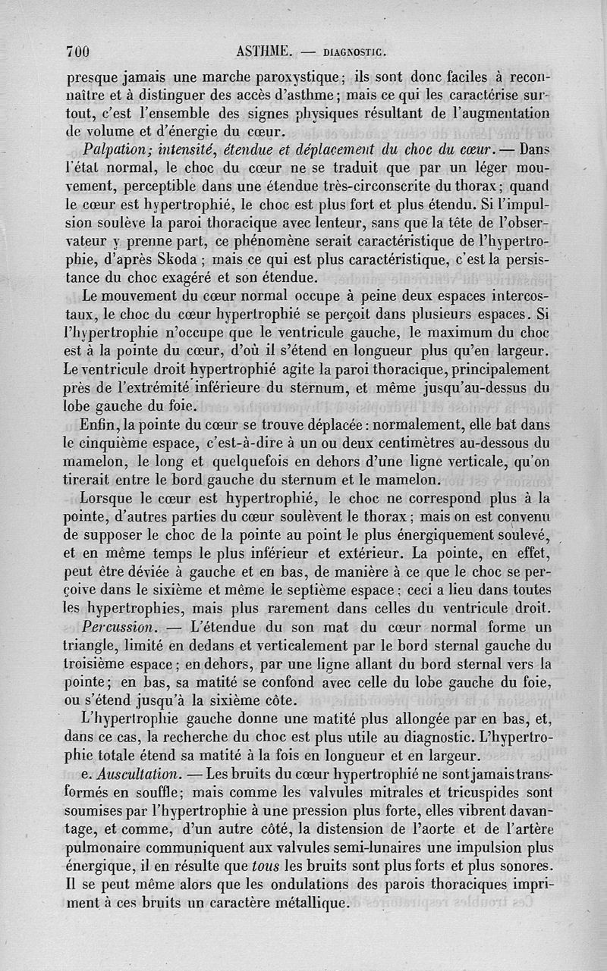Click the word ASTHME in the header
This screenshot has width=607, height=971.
[x=265, y=52]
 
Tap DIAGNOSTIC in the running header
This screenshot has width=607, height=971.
[x=355, y=53]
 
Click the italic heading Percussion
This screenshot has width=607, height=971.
[x=118, y=628]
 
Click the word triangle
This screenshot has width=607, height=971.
[x=93, y=646]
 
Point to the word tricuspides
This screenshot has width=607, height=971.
[x=480, y=792]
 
